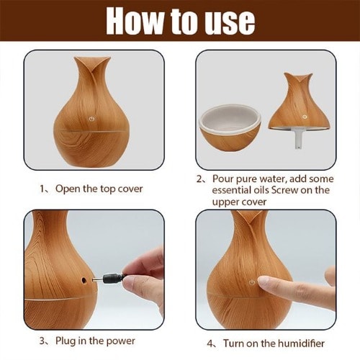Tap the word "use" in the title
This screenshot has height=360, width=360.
coord(229,24)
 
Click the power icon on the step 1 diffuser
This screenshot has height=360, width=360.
coord(92,119)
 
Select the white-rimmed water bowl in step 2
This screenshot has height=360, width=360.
coord(230,127)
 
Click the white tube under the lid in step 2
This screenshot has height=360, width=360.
coord(298,139)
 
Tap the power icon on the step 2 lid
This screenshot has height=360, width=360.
coord(305,117)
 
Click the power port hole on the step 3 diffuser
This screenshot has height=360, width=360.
coord(84,280)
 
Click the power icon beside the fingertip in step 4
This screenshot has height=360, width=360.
coord(252,282)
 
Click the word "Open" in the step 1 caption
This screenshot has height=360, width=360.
coord(68,189)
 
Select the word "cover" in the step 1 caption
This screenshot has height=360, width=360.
coord(131,189)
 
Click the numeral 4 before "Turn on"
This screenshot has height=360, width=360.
coord(210,343)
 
